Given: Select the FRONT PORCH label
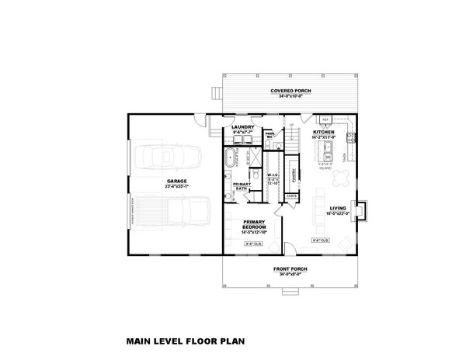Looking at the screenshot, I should (x=290, y=269).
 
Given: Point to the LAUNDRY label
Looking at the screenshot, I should (x=244, y=127).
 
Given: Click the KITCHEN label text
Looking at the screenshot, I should (x=323, y=133).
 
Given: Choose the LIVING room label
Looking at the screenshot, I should (x=337, y=208).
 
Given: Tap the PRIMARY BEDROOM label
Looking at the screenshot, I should (x=254, y=225).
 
